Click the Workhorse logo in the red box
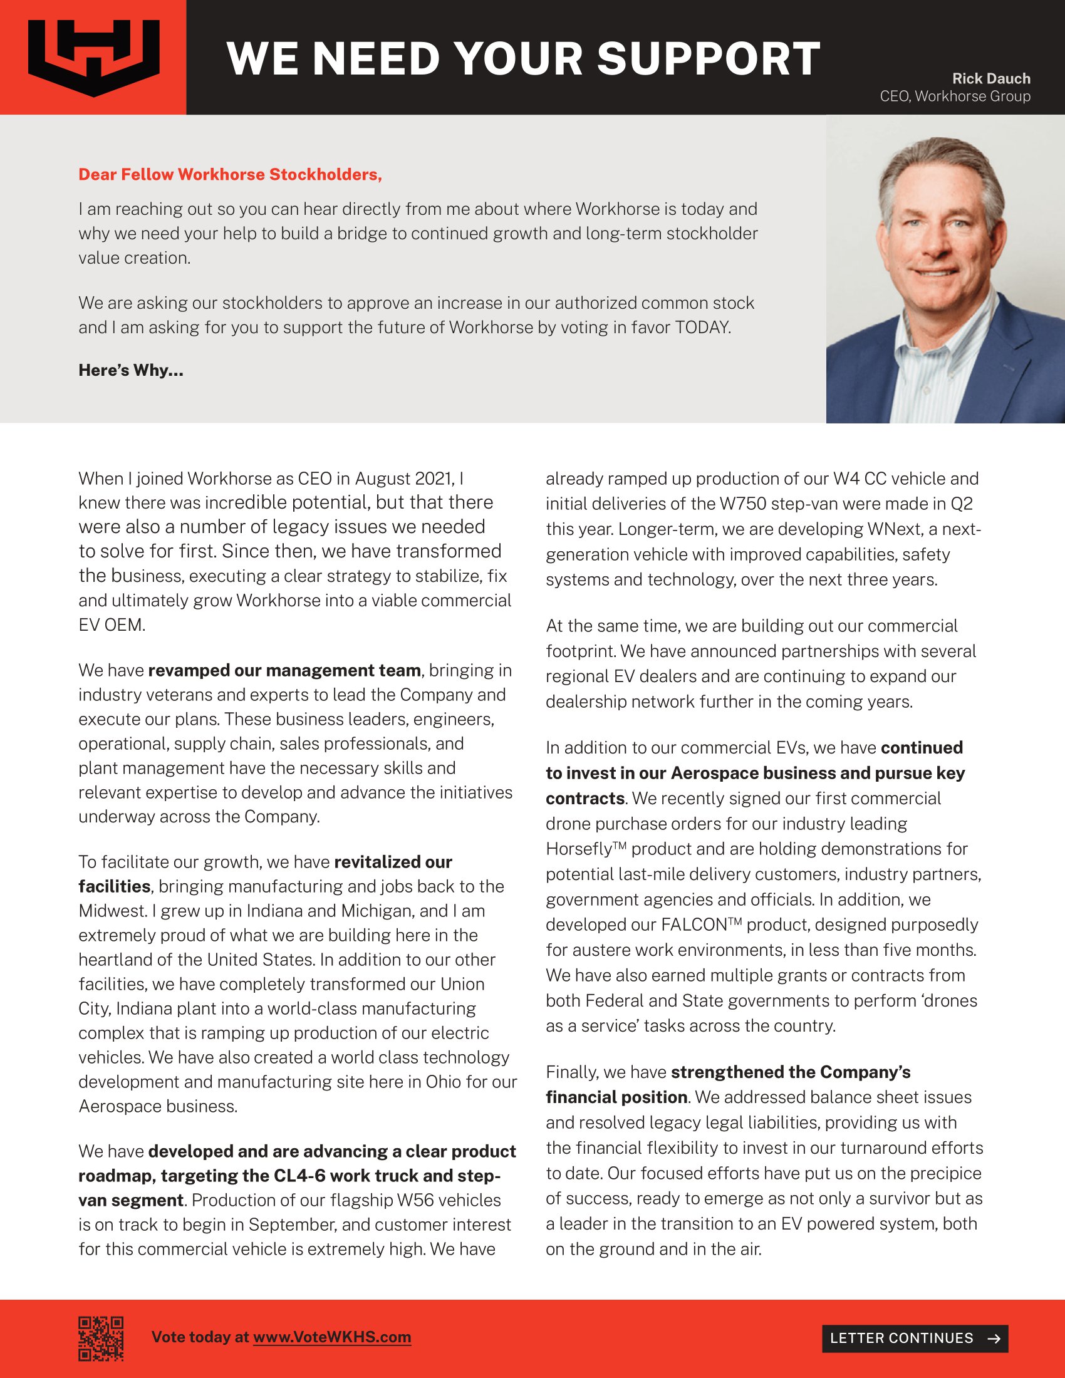[x=93, y=58]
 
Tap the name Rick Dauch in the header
[x=990, y=79]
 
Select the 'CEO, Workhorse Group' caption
[x=955, y=96]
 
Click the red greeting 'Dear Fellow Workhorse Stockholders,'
[x=231, y=175]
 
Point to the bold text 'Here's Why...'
[x=130, y=370]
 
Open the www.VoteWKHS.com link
[x=332, y=1338]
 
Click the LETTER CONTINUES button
[x=914, y=1339]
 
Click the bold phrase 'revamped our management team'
[x=284, y=670]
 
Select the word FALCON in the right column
[x=694, y=925]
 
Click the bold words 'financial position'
[x=616, y=1097]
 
